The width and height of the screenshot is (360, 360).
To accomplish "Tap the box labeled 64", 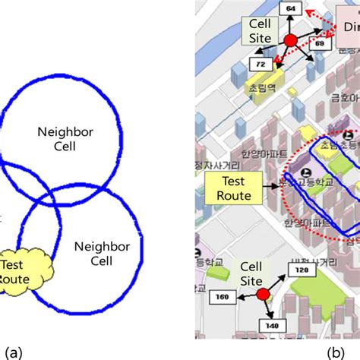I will click(x=289, y=8).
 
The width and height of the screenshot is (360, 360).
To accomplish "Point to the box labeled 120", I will click(x=302, y=269).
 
